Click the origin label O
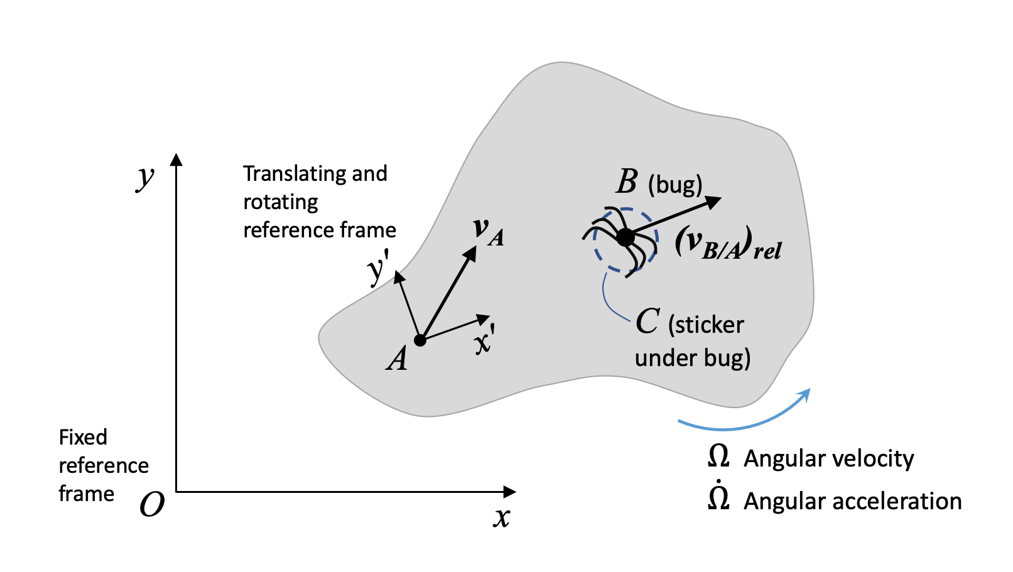click(152, 504)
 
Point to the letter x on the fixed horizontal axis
click(501, 517)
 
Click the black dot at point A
click(420, 340)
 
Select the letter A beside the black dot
click(397, 359)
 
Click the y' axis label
click(377, 271)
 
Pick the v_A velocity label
click(488, 230)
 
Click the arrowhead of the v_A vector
click(470, 252)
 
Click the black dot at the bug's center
click(626, 237)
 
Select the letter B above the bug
click(626, 182)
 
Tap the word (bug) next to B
click(675, 185)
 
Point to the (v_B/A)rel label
click(728, 244)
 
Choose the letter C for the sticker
click(647, 321)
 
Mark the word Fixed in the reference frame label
click(83, 437)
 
